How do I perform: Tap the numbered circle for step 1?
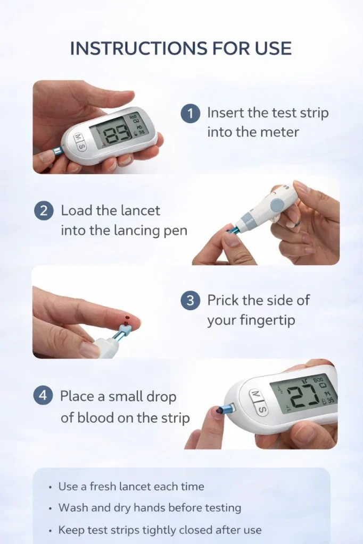[190, 113]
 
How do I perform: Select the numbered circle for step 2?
[44, 211]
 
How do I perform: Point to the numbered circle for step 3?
[190, 301]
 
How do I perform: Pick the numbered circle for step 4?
[43, 396]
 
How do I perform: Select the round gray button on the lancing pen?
[277, 203]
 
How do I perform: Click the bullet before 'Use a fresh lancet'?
[51, 488]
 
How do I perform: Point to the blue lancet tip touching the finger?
[125, 327]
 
